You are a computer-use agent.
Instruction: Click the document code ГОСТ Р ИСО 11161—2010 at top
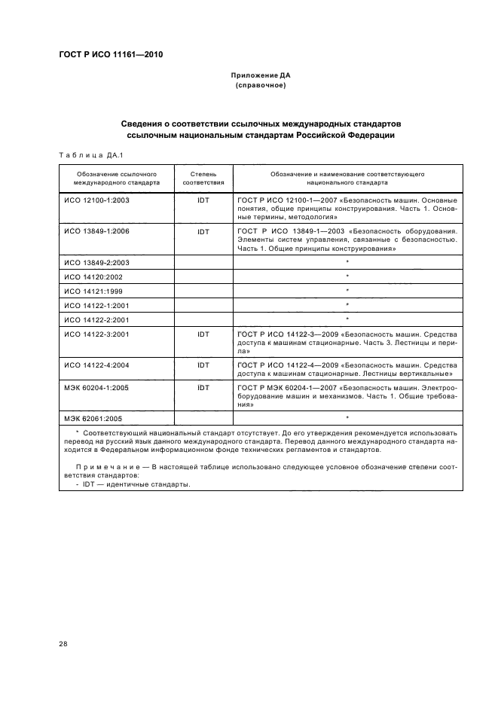click(x=111, y=55)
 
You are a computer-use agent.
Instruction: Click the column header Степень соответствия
click(x=203, y=178)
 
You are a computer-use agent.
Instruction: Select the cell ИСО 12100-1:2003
click(x=96, y=201)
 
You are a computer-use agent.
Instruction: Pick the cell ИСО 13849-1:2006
click(x=96, y=231)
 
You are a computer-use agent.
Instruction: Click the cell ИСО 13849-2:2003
click(x=96, y=262)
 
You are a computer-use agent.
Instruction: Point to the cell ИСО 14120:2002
click(x=93, y=276)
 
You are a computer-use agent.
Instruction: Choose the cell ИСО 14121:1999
click(x=93, y=290)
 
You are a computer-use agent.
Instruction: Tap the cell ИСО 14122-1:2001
click(x=96, y=304)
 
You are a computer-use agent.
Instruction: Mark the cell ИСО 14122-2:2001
click(x=96, y=319)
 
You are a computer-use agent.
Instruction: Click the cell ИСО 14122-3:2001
click(x=96, y=333)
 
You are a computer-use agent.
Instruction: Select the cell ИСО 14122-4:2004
click(x=96, y=365)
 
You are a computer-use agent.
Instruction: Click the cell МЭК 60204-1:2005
click(x=96, y=388)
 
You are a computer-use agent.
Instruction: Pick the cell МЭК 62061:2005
click(x=93, y=417)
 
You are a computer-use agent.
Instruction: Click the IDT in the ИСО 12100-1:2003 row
click(x=203, y=201)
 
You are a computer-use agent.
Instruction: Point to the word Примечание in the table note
click(x=102, y=468)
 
